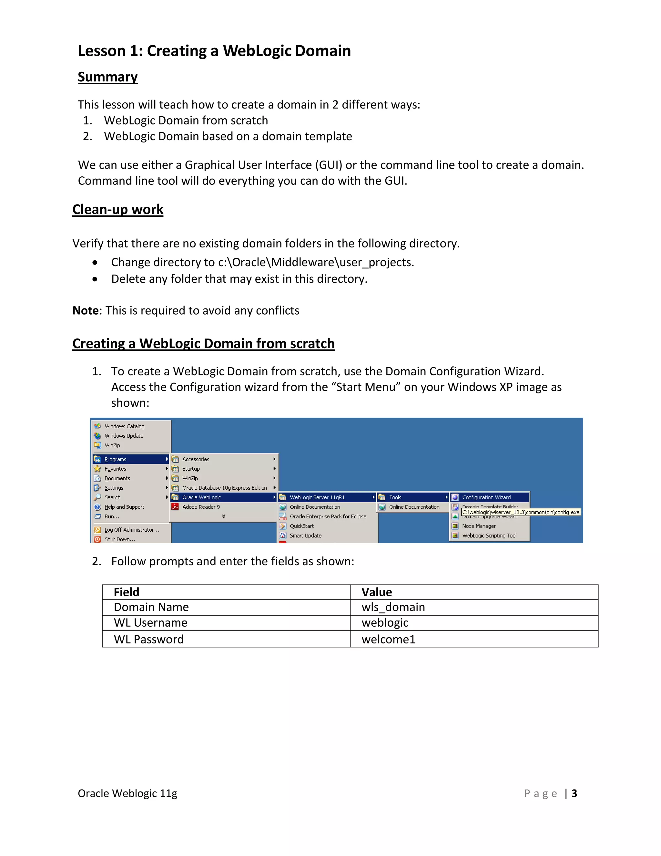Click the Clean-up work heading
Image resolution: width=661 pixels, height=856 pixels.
[117, 209]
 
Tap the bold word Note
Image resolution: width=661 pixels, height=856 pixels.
[85, 310]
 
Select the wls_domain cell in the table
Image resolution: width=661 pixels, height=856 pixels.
[393, 607]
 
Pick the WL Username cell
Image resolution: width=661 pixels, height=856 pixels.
[151, 623]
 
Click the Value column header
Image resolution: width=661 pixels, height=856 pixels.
[376, 592]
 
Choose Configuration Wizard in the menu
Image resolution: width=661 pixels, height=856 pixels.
[486, 497]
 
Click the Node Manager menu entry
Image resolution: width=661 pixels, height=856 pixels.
[479, 526]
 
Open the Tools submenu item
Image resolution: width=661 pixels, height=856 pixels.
[395, 497]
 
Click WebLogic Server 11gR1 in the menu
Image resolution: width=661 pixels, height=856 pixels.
[317, 497]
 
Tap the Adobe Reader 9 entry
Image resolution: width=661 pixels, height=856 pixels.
[201, 507]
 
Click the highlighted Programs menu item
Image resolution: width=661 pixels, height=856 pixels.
[115, 459]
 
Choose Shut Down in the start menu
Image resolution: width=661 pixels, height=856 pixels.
[119, 539]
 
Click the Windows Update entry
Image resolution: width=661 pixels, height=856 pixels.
[124, 436]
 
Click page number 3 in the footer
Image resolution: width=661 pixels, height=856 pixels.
[574, 793]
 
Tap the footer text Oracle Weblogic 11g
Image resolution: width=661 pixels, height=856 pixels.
[127, 793]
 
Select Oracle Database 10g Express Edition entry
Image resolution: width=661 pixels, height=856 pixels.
[224, 488]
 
